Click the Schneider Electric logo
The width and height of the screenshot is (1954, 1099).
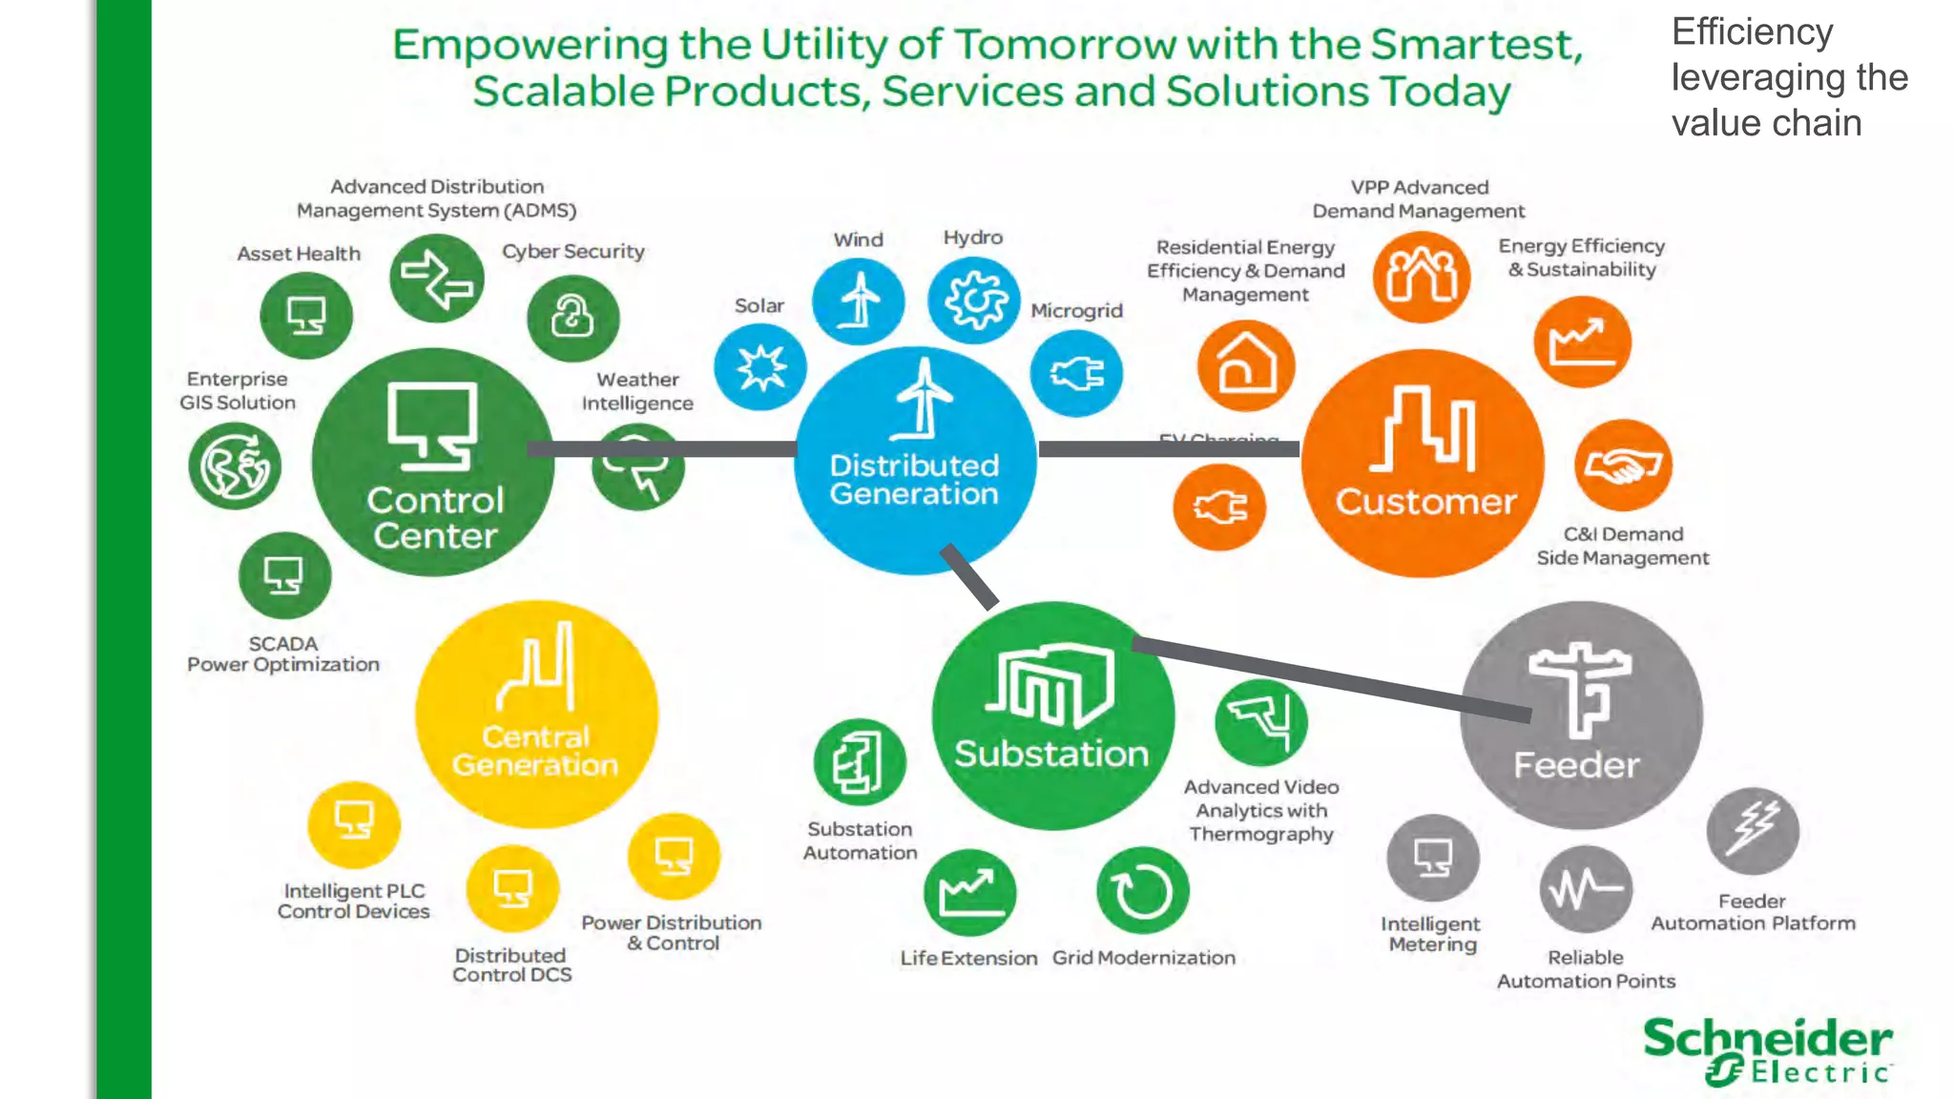pos(1767,1050)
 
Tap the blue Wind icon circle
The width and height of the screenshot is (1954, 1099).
pos(859,301)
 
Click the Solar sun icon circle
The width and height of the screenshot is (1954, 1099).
pos(760,367)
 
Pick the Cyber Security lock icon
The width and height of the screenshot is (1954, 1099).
pos(572,318)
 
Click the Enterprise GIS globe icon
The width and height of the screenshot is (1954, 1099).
pos(235,467)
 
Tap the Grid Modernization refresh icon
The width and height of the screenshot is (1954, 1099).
pos(1143,891)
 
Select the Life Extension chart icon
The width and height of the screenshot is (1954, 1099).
pos(969,893)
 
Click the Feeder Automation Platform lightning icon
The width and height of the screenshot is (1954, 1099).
pos(1753,830)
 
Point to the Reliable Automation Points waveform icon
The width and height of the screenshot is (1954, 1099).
pos(1586,889)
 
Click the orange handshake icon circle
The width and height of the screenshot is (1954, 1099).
pos(1623,466)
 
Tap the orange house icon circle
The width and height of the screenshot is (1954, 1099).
pos(1246,365)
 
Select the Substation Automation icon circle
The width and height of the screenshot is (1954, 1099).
pos(860,763)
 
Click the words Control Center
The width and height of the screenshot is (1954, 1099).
pos(435,518)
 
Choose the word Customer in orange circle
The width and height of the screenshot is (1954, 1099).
pos(1425,502)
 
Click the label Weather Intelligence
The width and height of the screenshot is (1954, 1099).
pos(637,391)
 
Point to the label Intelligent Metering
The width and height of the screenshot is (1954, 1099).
pos(1431,934)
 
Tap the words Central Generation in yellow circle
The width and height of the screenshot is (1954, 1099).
pos(535,751)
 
